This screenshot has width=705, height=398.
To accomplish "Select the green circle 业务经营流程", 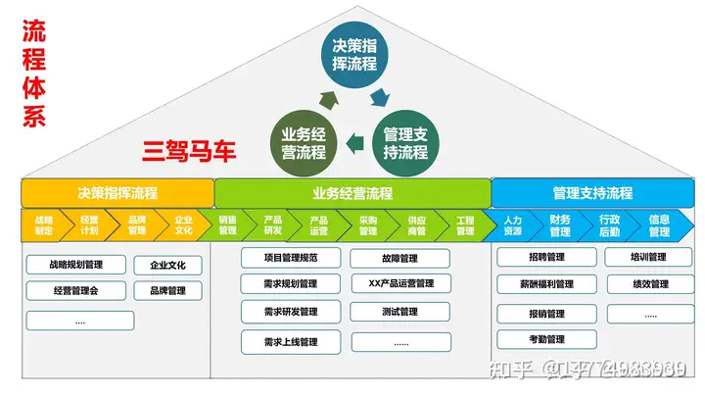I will [x=304, y=144].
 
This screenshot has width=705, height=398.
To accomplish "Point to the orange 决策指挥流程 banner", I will [x=117, y=193].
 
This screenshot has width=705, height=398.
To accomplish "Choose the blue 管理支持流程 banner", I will [x=591, y=193].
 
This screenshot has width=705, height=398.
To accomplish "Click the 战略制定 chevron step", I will [x=44, y=225].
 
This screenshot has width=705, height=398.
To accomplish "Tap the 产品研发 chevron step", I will [x=273, y=225].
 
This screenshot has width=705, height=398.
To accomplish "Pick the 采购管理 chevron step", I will [x=368, y=225].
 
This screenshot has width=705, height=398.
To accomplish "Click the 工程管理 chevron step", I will [x=464, y=225].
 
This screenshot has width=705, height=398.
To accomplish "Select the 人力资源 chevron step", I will [x=513, y=225].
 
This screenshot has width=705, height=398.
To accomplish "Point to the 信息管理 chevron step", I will [x=659, y=225].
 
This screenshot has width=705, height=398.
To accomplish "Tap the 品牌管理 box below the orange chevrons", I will [x=168, y=290].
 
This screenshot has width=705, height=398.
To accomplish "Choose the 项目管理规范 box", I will [x=291, y=259].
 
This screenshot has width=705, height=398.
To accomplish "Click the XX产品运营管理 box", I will [x=400, y=284].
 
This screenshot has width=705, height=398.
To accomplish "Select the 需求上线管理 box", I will [x=291, y=342].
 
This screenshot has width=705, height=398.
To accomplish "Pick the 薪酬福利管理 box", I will [x=546, y=284].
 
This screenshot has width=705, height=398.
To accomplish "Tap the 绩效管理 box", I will [x=650, y=284].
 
